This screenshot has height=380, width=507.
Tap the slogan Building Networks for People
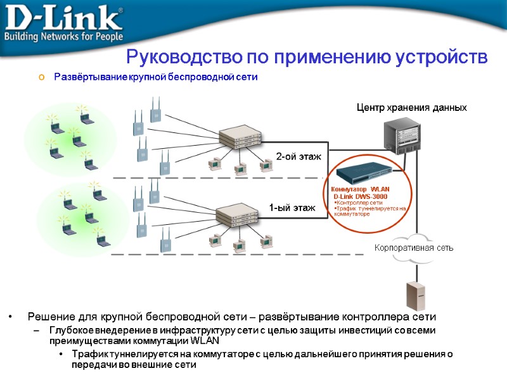63,35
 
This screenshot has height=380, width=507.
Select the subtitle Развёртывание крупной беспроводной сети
156,77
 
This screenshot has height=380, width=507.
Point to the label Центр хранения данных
412,108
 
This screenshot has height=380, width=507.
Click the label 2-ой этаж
298,156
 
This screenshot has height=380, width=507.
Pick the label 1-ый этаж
292,207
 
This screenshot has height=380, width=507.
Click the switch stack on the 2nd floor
240,136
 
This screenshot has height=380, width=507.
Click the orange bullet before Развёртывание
42,77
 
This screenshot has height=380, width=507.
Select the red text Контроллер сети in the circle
359,203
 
